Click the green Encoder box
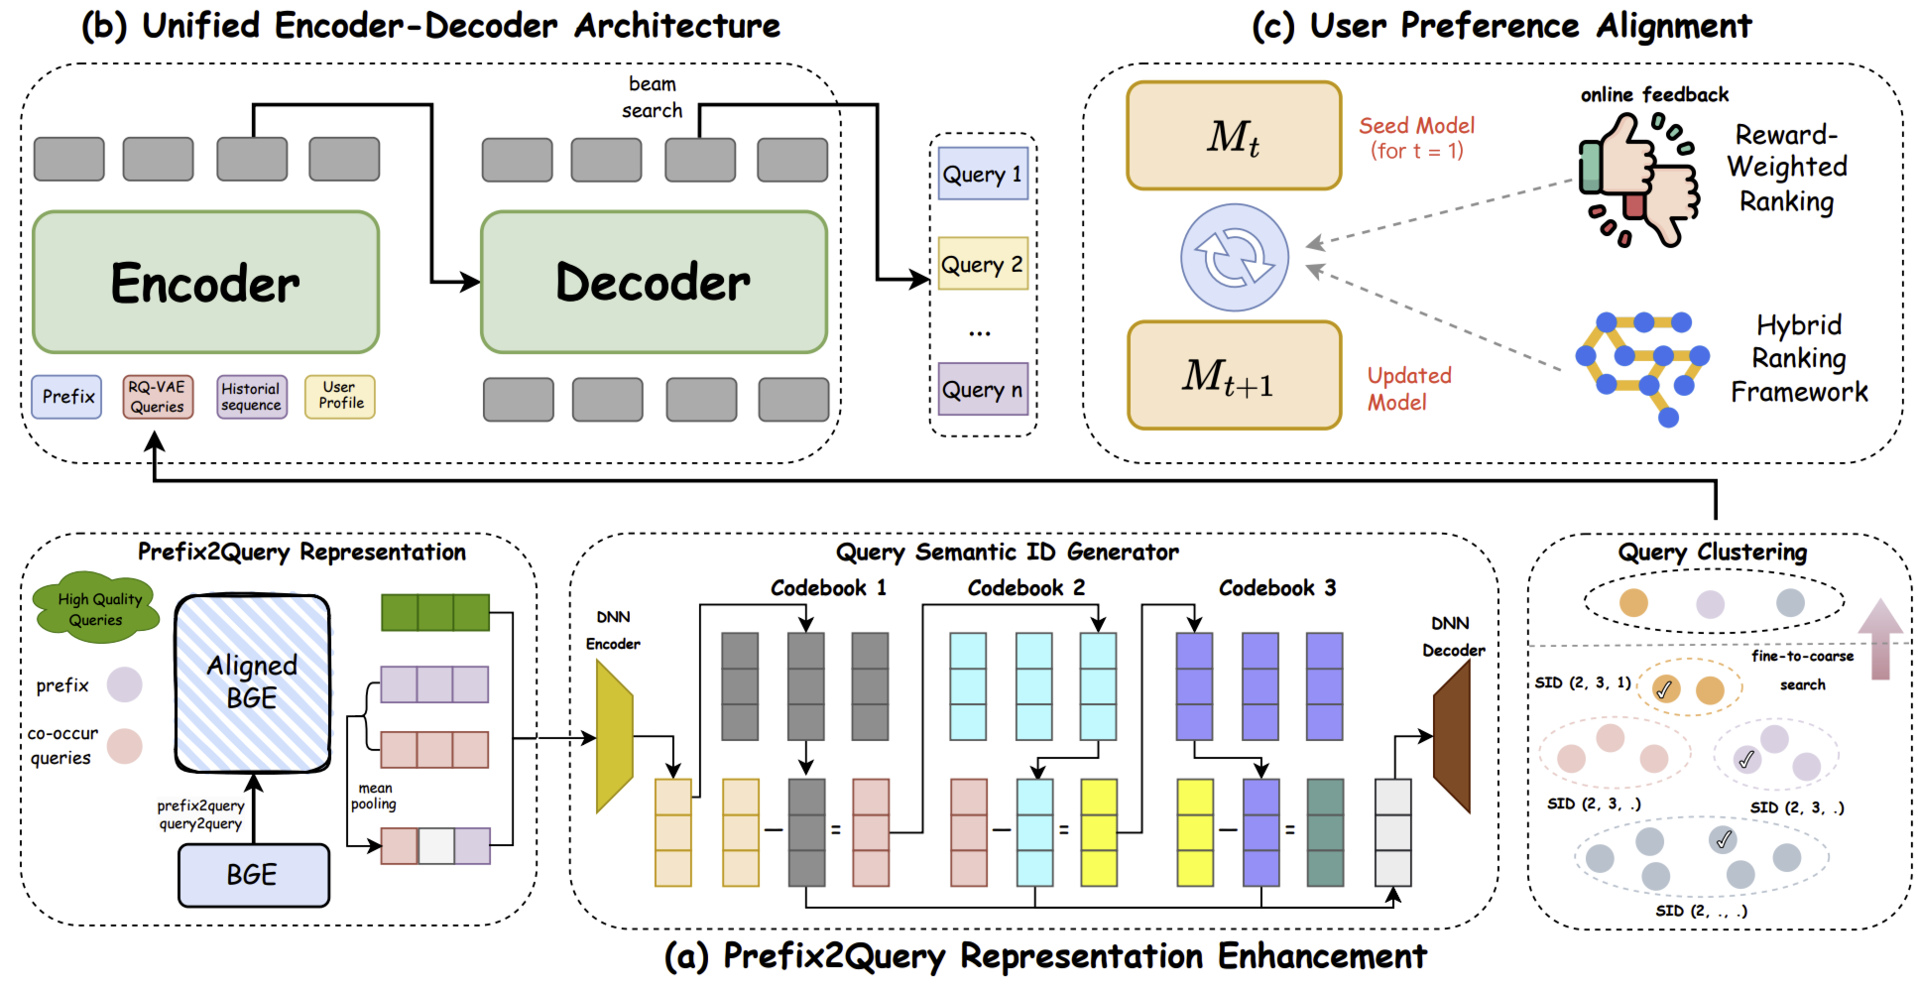click(205, 283)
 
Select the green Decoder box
click(654, 283)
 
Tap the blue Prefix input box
click(66, 397)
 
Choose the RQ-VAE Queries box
click(158, 397)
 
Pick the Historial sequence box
click(252, 397)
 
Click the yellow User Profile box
click(340, 397)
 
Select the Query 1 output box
click(983, 174)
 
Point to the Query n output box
click(983, 389)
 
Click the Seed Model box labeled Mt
click(1234, 136)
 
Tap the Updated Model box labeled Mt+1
click(1234, 375)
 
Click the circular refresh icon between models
click(1234, 258)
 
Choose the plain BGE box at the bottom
click(253, 875)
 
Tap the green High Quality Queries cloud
click(96, 607)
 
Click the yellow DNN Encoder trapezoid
click(614, 737)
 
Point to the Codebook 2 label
click(1026, 588)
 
